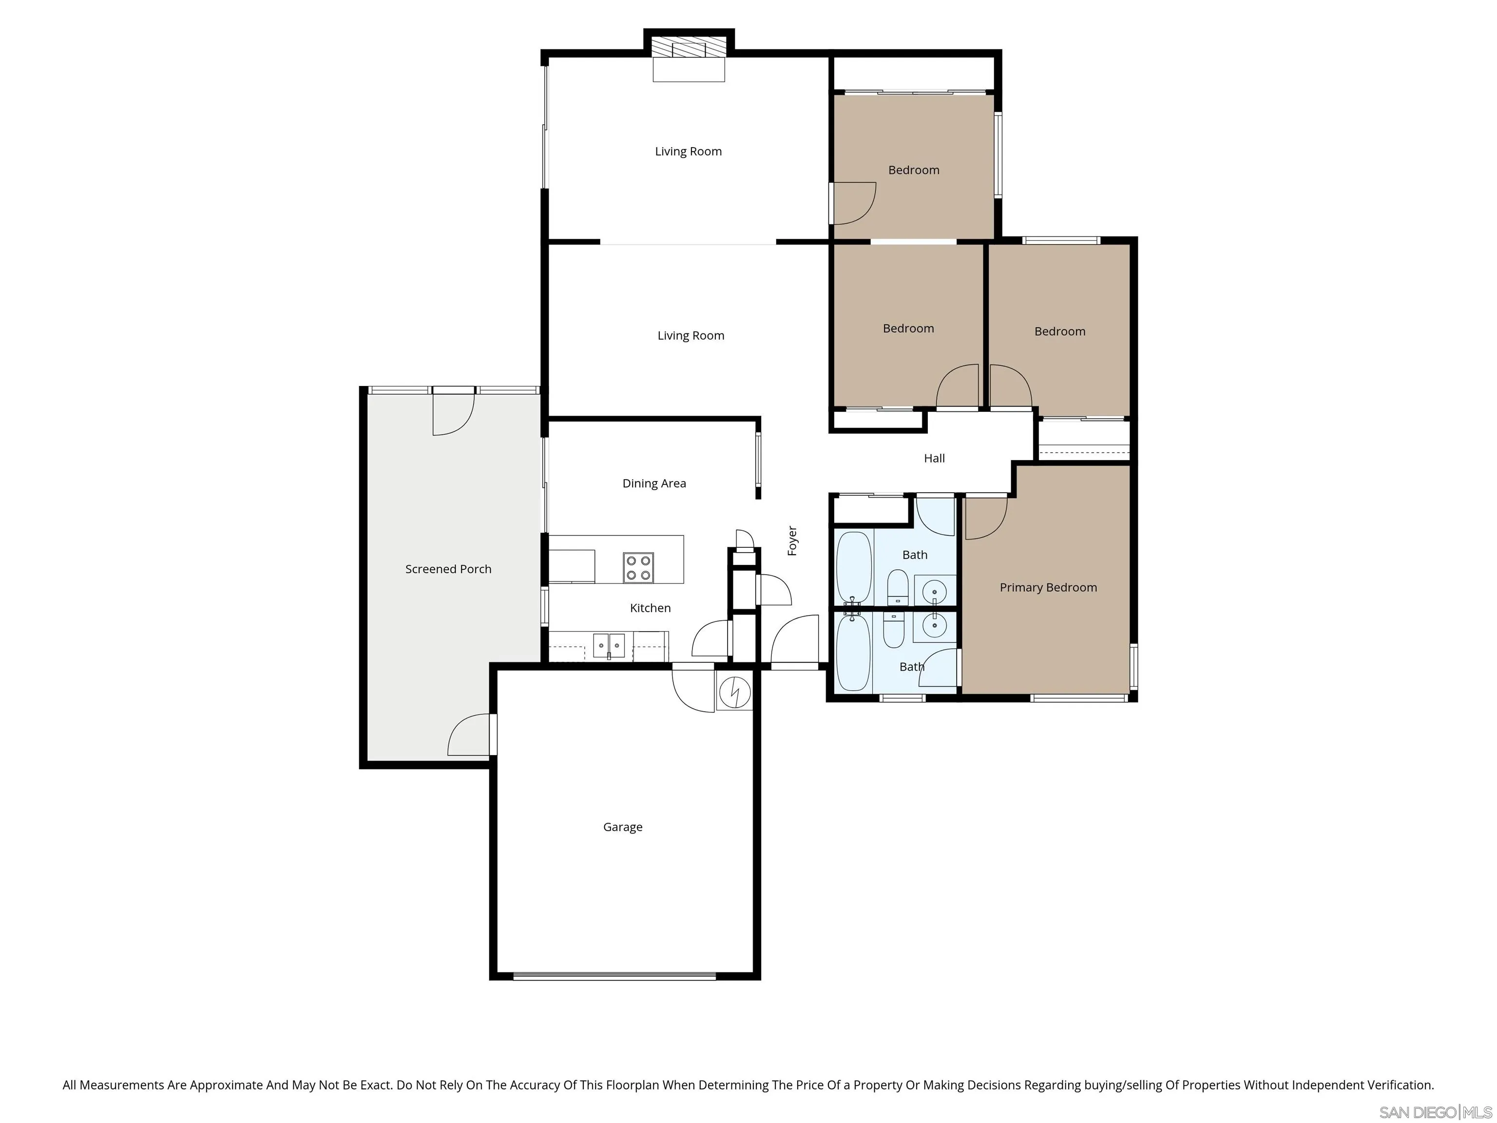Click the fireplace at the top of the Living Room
pos(688,49)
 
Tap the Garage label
pos(623,827)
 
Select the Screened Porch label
pos(448,569)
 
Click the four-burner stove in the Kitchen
pos(638,568)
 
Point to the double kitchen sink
pos(609,645)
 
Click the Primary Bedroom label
pos(1048,587)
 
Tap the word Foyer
pos(792,541)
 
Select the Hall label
pos(934,458)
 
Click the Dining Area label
pos(654,484)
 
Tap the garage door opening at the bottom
pos(614,976)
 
